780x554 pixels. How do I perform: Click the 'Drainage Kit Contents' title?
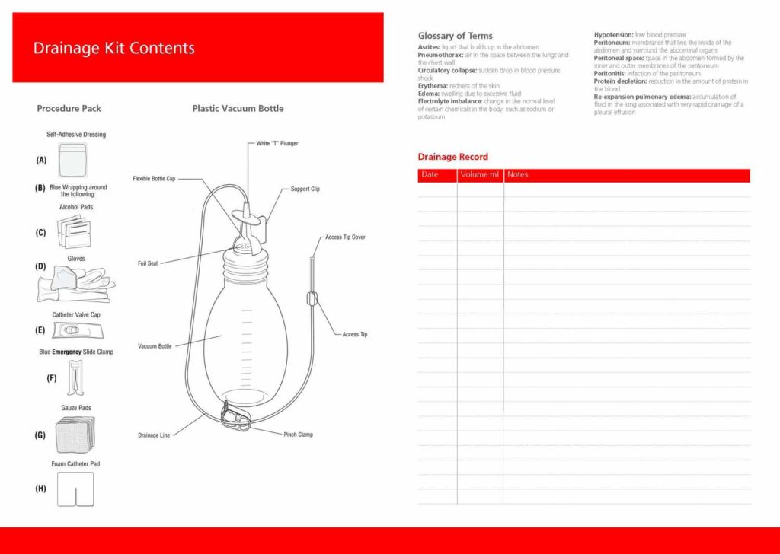113,48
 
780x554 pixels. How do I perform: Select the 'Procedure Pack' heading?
69,109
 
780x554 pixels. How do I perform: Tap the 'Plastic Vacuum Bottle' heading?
238,109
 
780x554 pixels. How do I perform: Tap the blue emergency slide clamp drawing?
75,377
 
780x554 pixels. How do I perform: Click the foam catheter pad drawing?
75,489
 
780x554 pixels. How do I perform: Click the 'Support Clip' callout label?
305,189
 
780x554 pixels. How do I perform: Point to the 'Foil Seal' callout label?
148,264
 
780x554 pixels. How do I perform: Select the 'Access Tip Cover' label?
345,237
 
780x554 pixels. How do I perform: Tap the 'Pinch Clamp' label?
298,435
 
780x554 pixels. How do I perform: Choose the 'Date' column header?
430,175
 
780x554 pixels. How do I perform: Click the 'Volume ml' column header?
480,175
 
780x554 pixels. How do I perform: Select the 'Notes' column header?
518,175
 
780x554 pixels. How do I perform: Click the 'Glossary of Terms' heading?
455,36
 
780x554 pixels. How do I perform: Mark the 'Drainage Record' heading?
452,157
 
